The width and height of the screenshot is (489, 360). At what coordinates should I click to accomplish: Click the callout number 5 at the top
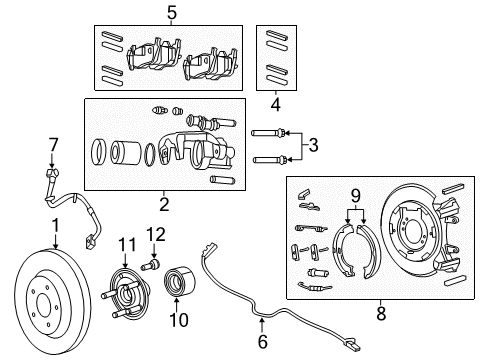(x=172, y=13)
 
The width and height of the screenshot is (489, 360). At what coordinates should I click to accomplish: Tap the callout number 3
(x=313, y=146)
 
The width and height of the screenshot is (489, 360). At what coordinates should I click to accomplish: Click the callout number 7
(x=54, y=144)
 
